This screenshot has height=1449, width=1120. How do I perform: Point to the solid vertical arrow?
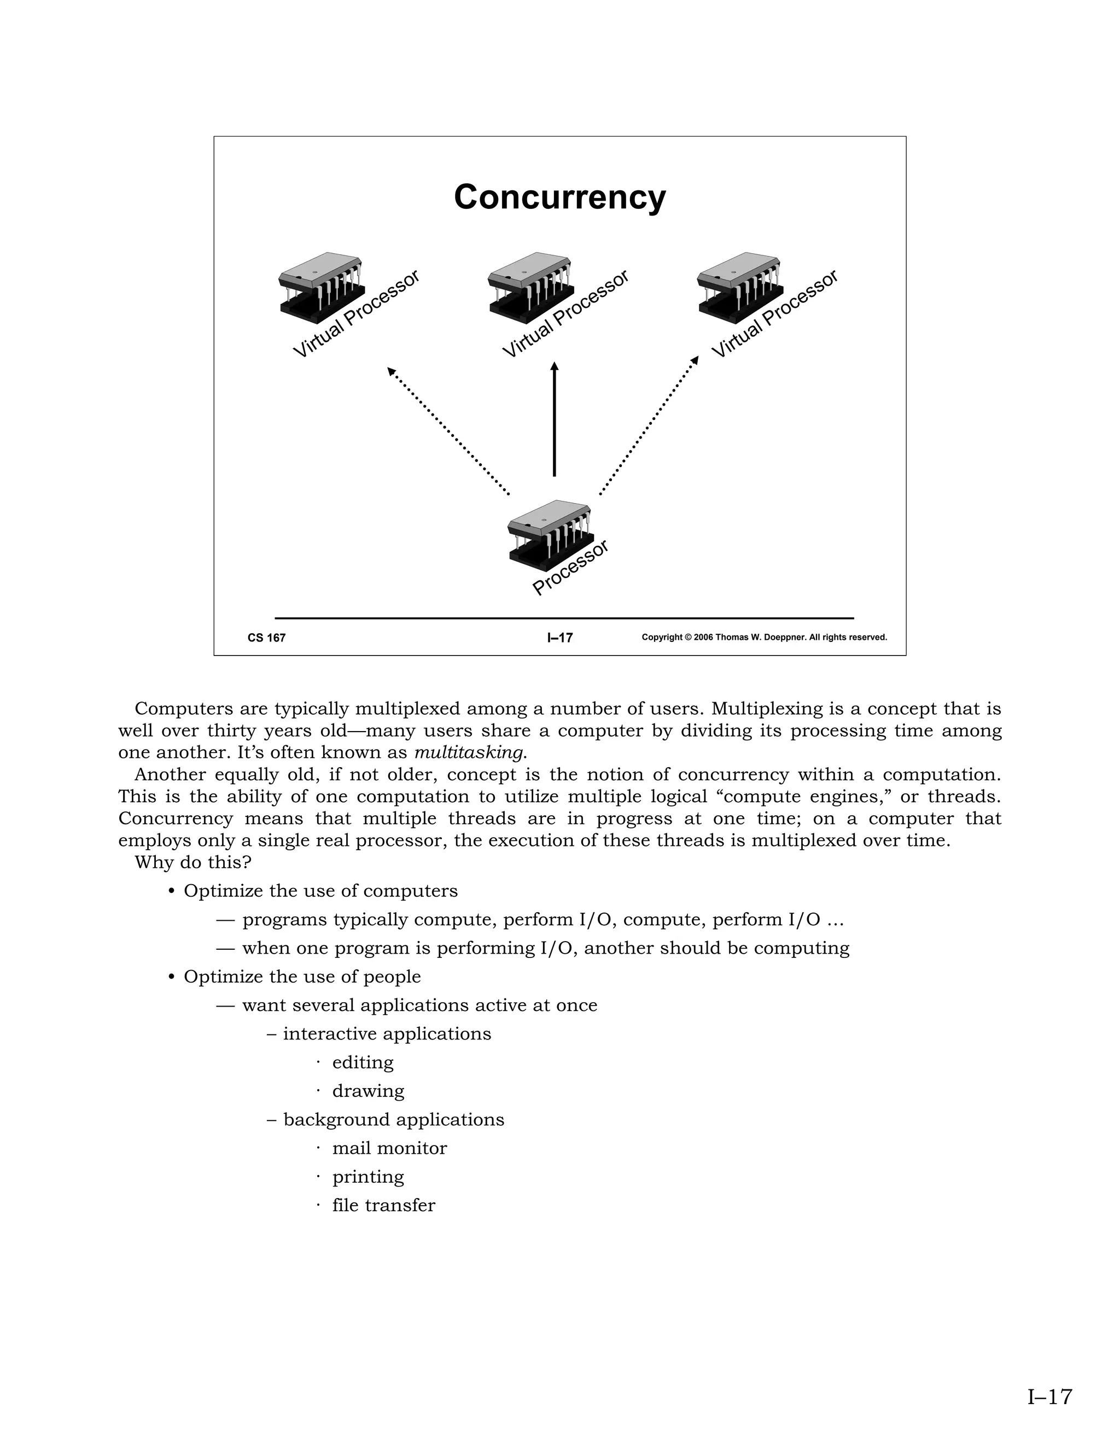tap(555, 419)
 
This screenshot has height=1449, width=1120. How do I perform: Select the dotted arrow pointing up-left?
tap(448, 431)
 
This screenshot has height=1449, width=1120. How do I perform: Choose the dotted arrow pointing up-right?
tap(649, 426)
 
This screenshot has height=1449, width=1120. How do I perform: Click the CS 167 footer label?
tap(267, 638)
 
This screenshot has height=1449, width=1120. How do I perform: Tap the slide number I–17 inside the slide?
tap(560, 638)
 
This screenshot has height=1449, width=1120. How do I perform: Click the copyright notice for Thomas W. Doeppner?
tap(765, 638)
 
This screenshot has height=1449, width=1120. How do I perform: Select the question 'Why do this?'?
tap(193, 862)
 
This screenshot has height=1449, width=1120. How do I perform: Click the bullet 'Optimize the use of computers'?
tap(320, 891)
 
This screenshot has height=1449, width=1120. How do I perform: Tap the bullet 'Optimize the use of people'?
tap(302, 977)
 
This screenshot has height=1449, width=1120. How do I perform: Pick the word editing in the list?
tap(363, 1062)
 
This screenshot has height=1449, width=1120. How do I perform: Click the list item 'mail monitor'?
tap(389, 1148)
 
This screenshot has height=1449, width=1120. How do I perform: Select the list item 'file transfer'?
tap(383, 1205)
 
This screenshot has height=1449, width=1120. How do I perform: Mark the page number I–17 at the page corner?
tap(1049, 1397)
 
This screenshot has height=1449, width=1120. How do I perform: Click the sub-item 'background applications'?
tap(393, 1119)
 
